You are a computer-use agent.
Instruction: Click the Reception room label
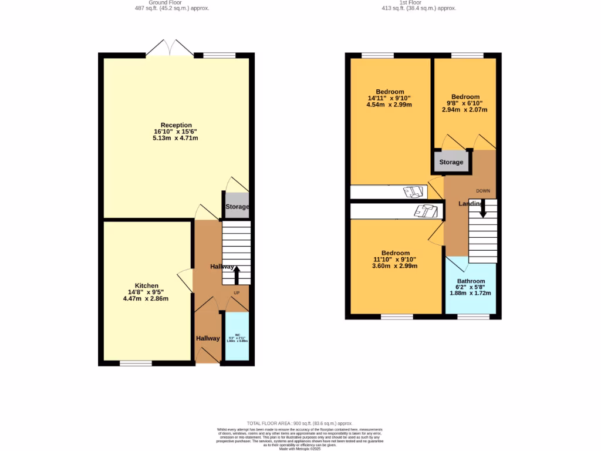click(x=176, y=125)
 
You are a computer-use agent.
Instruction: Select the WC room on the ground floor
click(x=237, y=337)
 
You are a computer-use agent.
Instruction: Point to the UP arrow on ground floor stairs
click(x=237, y=277)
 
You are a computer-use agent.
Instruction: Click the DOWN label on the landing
click(x=483, y=191)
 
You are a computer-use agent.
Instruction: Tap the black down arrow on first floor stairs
click(x=483, y=209)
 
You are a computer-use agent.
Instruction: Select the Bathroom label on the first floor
click(x=471, y=281)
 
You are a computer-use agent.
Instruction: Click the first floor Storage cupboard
click(x=451, y=161)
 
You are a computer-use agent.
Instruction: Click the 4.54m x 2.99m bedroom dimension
click(x=390, y=105)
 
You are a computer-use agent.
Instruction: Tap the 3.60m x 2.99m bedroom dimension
click(x=394, y=266)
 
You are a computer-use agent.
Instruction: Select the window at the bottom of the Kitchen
click(x=136, y=364)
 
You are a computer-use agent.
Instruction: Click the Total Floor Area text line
click(x=299, y=423)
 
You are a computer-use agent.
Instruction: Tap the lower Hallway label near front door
click(x=208, y=338)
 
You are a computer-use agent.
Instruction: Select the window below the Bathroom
click(x=473, y=317)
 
